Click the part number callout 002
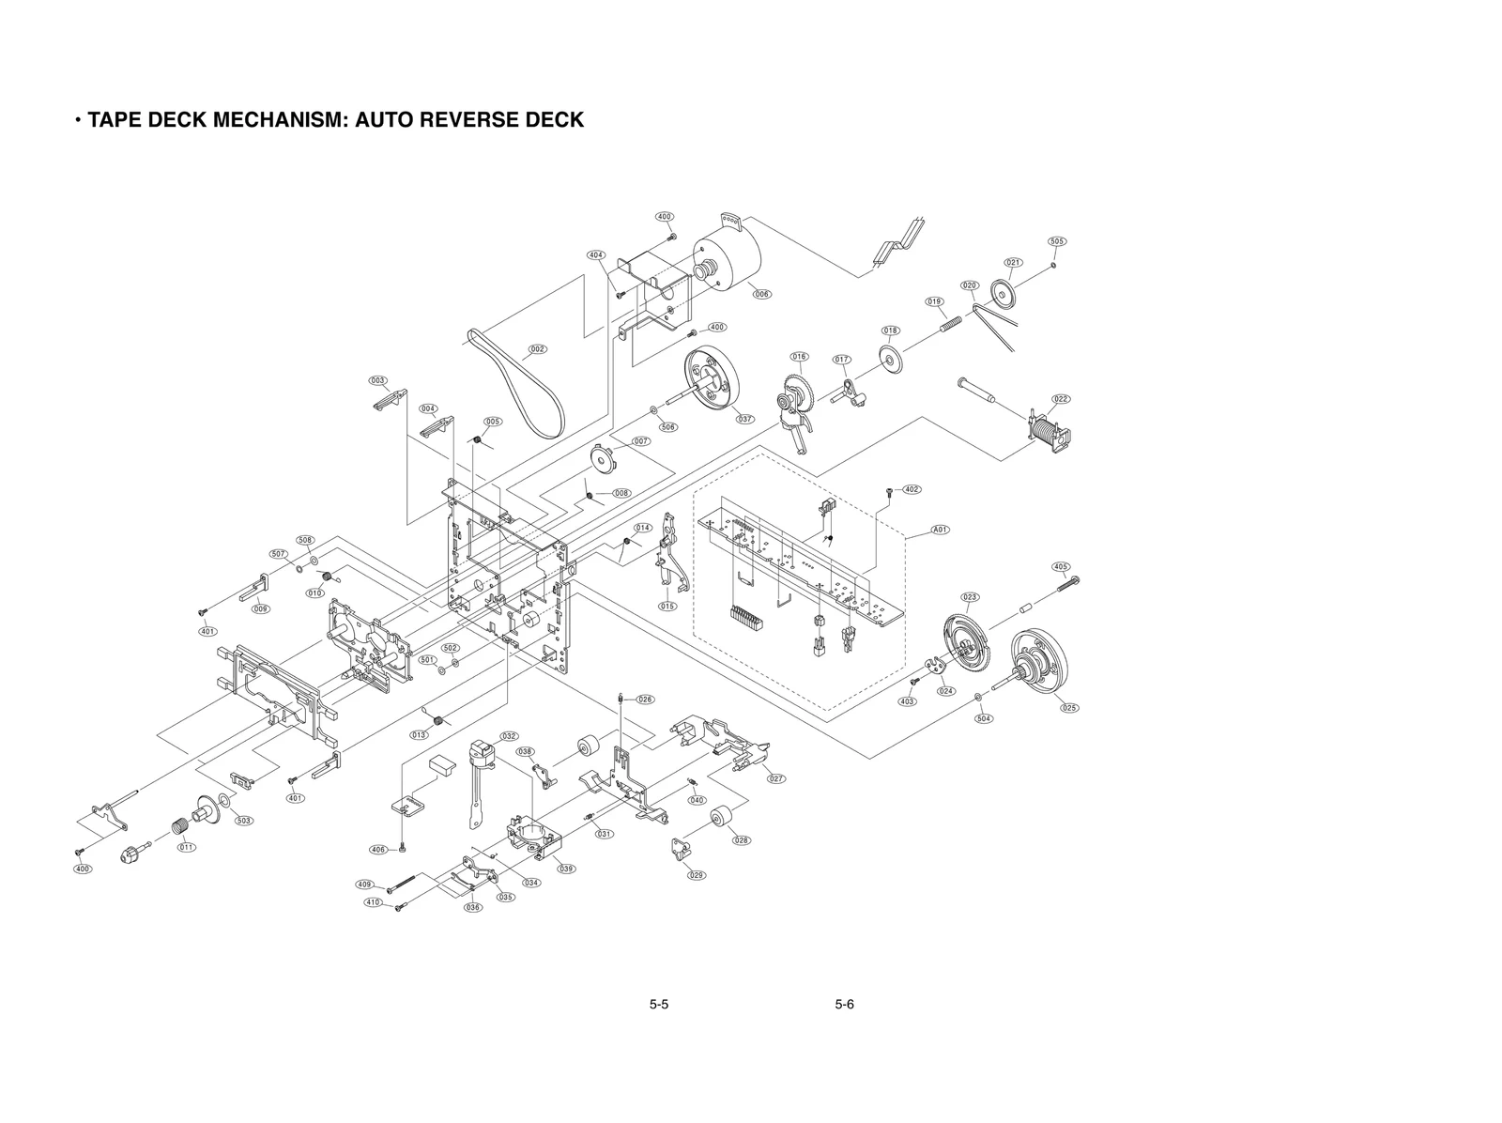tap(537, 349)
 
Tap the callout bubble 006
tap(761, 294)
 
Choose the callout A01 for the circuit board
tap(940, 530)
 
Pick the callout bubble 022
tap(1061, 399)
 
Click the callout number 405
tap(1061, 567)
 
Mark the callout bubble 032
tap(509, 736)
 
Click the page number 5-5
tap(658, 1005)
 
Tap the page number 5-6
tap(844, 1005)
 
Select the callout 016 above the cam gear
tap(799, 357)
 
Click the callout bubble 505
tap(1057, 241)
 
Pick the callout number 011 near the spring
tap(187, 847)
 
